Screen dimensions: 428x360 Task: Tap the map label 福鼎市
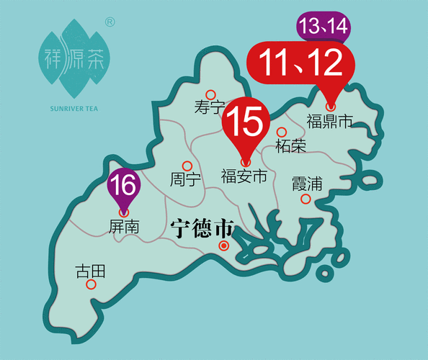point(329,120)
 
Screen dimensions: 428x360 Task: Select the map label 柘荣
point(291,146)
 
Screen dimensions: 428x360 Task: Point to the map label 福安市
point(244,175)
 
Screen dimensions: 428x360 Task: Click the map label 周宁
point(185,179)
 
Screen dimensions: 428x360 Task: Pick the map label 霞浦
point(306,183)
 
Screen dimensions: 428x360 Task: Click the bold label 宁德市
point(202,230)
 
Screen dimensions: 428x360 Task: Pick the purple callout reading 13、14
point(324,27)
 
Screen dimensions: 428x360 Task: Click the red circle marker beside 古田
point(91,284)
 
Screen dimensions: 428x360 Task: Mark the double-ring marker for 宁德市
point(224,246)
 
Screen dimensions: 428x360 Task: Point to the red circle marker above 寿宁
point(210,94)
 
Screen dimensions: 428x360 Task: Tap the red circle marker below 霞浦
point(306,199)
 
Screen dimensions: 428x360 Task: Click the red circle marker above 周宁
point(187,165)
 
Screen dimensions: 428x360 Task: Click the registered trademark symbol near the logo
point(110,22)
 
